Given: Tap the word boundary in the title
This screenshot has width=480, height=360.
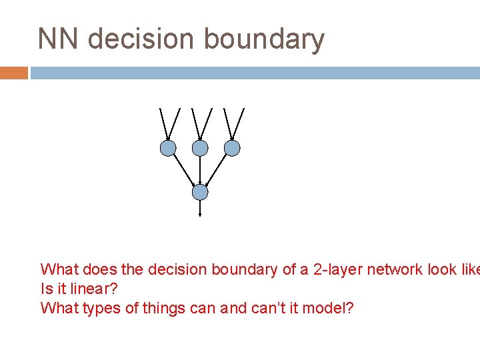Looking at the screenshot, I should (264, 40).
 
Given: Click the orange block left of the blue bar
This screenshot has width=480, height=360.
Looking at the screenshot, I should (13, 73).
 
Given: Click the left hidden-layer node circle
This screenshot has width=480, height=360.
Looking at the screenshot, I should (168, 148).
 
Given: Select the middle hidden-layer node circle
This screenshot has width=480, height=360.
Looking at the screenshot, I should (200, 148).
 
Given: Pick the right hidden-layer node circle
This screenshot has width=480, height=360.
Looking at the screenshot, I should (231, 148).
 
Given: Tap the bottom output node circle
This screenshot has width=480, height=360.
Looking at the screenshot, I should (200, 193).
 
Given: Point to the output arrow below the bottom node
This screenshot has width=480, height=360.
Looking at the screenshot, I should (200, 209).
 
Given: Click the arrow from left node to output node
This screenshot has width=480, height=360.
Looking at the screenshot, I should (184, 170).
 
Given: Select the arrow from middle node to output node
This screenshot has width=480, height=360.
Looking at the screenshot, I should (200, 171).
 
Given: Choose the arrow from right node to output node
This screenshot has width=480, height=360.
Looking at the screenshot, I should (216, 170).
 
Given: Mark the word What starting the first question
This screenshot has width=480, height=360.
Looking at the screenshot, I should (57, 270).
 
